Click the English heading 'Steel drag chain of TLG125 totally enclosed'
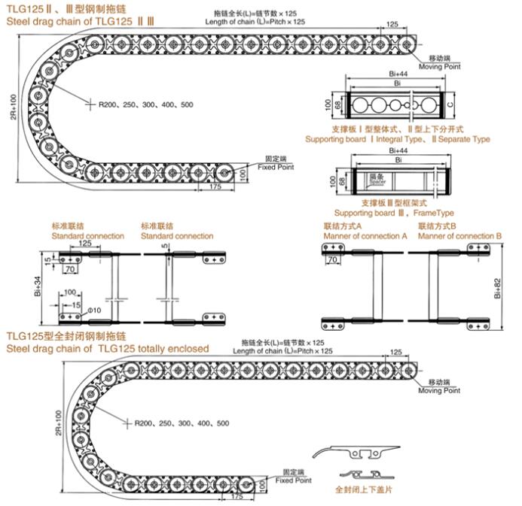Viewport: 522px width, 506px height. click(x=107, y=348)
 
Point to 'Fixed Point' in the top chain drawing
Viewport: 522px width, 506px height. click(x=275, y=167)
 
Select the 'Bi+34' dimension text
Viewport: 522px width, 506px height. click(x=38, y=284)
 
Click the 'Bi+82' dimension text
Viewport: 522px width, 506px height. click(x=498, y=289)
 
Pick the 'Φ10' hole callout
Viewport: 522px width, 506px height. click(x=93, y=311)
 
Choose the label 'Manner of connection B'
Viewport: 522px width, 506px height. click(x=459, y=236)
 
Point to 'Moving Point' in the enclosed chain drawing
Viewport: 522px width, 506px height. click(x=439, y=390)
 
